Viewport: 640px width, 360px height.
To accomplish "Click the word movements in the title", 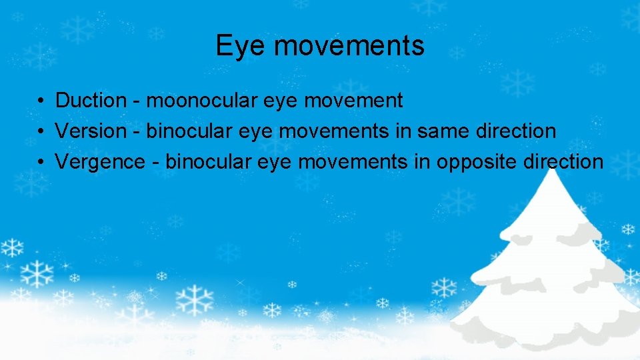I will coord(349,46).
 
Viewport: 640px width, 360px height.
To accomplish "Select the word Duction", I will coord(91,101).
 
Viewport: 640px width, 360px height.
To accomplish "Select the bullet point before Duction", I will coord(41,101).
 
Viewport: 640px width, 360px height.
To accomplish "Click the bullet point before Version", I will coord(41,132).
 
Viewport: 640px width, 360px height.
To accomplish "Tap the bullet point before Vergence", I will coord(41,163).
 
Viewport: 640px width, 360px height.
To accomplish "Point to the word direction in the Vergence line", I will coord(564,162).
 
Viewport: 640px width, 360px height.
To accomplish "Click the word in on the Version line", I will coord(403,131).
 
